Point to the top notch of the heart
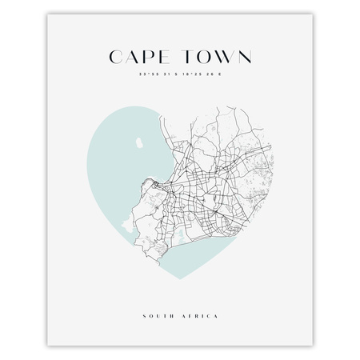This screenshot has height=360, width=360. coord(180,128)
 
